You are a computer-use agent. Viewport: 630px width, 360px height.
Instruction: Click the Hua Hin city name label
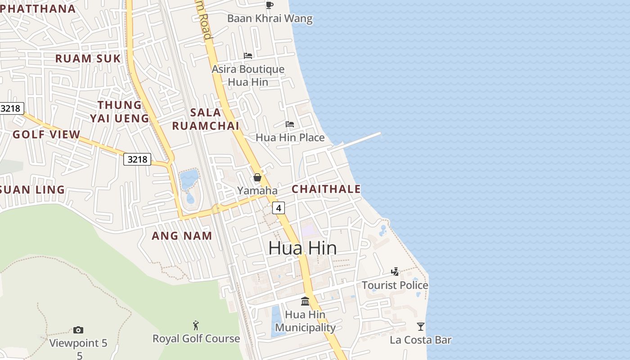(302, 248)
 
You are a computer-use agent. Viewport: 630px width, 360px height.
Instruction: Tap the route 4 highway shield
(279, 208)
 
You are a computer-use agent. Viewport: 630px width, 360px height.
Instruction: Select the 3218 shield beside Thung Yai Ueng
(137, 159)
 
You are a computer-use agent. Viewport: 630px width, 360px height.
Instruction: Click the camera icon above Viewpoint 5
(78, 330)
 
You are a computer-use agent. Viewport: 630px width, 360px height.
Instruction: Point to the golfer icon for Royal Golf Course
(196, 325)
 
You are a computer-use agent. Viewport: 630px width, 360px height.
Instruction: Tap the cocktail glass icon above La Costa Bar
(421, 326)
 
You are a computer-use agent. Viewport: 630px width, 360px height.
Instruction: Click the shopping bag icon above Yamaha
(257, 177)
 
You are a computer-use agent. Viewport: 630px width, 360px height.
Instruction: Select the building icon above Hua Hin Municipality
(305, 301)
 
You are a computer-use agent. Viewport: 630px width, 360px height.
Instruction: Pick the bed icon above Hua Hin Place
(290, 124)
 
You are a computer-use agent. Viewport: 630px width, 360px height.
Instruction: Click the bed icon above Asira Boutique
(248, 56)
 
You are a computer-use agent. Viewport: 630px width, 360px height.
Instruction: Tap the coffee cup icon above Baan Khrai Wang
(269, 5)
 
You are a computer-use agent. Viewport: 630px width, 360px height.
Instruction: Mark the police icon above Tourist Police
(395, 271)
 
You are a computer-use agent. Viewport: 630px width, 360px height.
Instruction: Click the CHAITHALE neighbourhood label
(326, 189)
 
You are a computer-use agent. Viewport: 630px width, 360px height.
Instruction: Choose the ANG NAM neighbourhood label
(182, 236)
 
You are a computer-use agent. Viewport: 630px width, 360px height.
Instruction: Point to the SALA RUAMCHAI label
(206, 119)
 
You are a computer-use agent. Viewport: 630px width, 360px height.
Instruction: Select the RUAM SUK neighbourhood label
(88, 58)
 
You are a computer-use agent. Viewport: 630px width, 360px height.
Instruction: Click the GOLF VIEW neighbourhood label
(46, 135)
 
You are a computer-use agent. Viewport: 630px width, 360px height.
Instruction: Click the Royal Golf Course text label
(196, 339)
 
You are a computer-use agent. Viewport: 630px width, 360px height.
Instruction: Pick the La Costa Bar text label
(421, 340)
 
